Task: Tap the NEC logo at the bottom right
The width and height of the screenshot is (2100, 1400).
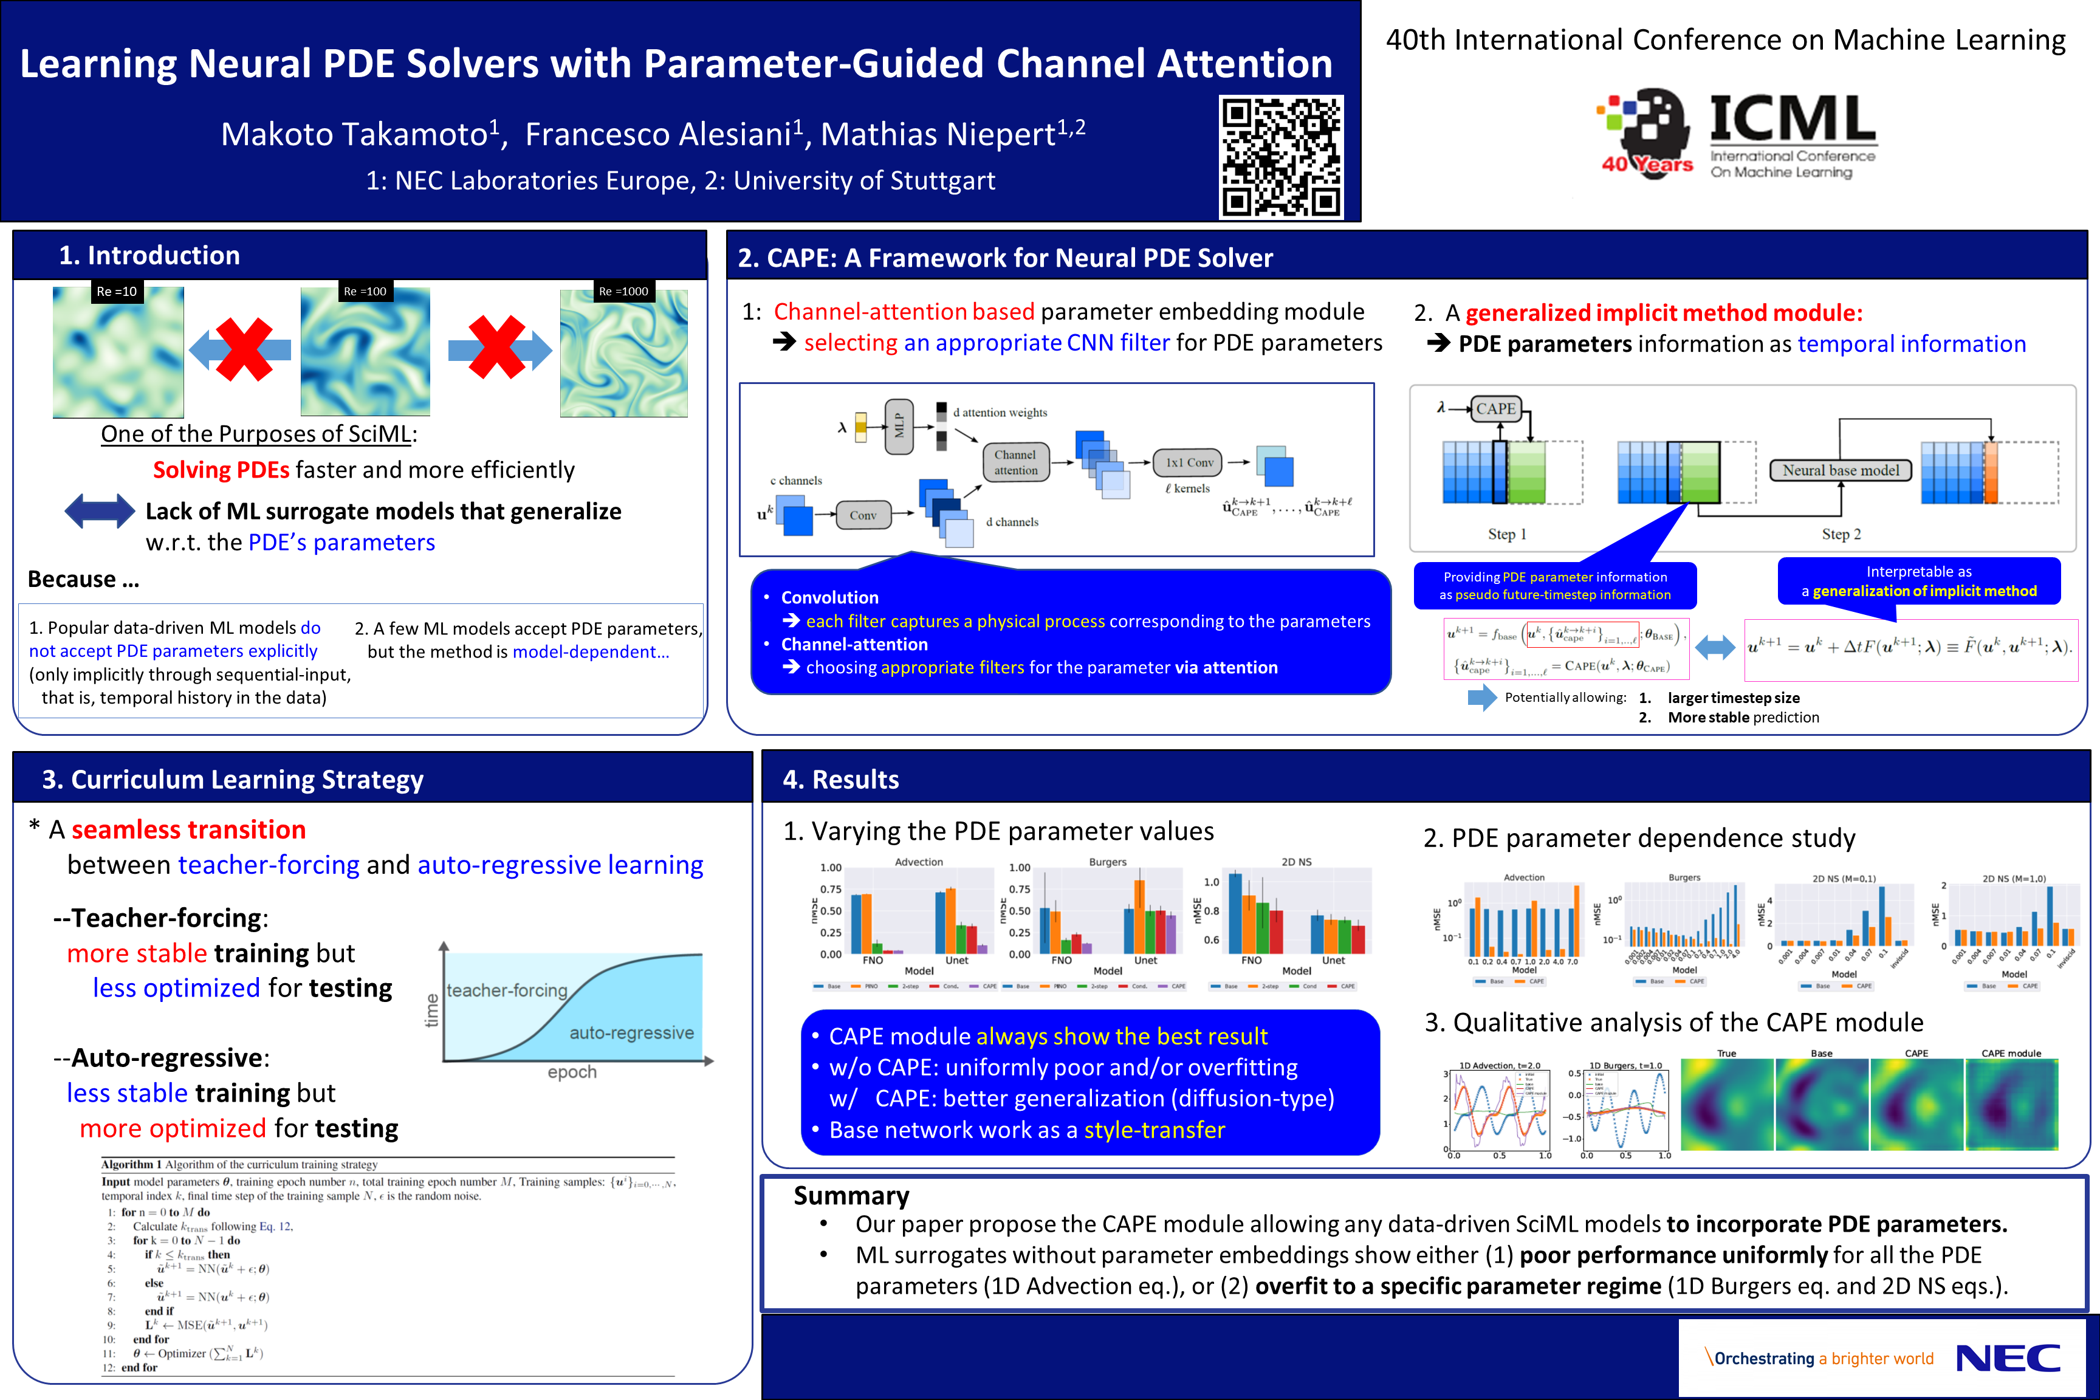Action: click(x=2007, y=1358)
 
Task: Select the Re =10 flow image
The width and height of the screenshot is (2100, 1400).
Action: click(x=118, y=352)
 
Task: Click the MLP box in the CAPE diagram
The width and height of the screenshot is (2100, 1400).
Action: click(x=899, y=427)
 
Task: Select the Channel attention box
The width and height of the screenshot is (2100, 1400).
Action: click(x=1015, y=462)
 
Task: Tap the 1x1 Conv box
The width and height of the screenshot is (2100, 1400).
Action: click(x=1189, y=462)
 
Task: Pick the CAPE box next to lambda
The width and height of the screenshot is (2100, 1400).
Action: click(x=1495, y=409)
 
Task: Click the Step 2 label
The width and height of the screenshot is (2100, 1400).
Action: click(x=1841, y=534)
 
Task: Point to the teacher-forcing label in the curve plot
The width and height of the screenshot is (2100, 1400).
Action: click(x=506, y=990)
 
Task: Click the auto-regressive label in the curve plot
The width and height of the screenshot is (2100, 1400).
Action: click(x=631, y=1033)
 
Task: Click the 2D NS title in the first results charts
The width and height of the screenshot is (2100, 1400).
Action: click(x=1297, y=862)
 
